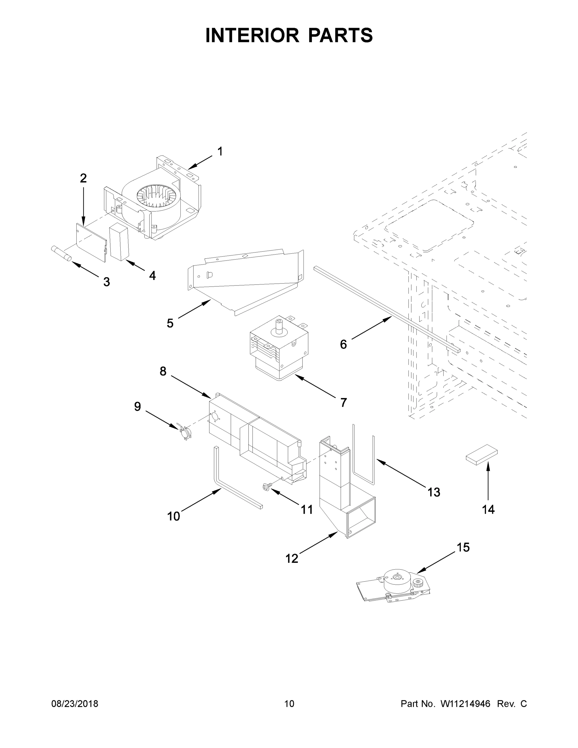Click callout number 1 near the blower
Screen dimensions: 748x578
pos(220,151)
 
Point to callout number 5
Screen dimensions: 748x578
pos(170,323)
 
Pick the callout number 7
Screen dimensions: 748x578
pos(343,402)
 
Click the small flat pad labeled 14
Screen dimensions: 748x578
pos(481,454)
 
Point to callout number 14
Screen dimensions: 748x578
pos(488,510)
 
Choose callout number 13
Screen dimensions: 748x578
pos(433,492)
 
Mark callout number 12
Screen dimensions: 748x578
pos(292,559)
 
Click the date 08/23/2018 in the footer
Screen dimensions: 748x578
pos(75,703)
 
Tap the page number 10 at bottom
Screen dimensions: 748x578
pos(289,703)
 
